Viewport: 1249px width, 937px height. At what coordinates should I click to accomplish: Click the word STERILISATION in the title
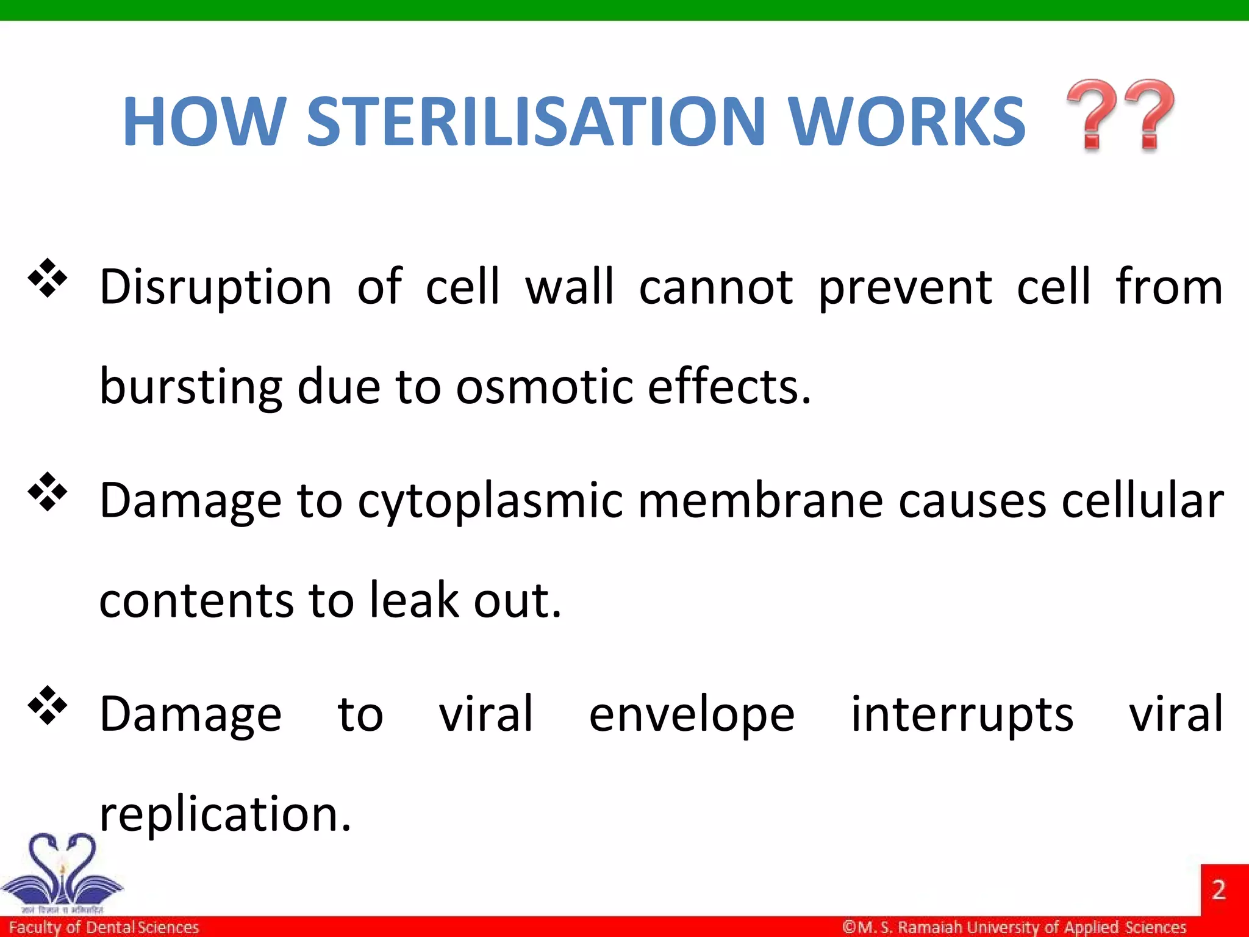(x=535, y=122)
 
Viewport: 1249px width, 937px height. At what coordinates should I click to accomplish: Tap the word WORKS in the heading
(x=907, y=122)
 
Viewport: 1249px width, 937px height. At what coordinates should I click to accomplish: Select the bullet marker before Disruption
(x=47, y=279)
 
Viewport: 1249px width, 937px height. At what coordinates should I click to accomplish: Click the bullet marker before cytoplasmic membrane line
(x=47, y=492)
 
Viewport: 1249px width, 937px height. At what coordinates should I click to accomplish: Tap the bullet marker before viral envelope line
(x=47, y=706)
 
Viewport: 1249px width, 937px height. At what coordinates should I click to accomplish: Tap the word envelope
(x=692, y=715)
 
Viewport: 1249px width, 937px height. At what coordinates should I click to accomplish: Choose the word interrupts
(x=962, y=715)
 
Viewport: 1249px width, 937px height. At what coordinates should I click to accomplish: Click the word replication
(x=225, y=814)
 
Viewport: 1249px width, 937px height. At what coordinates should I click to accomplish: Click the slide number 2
(x=1219, y=890)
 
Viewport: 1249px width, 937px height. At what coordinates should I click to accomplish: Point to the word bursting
(x=190, y=388)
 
